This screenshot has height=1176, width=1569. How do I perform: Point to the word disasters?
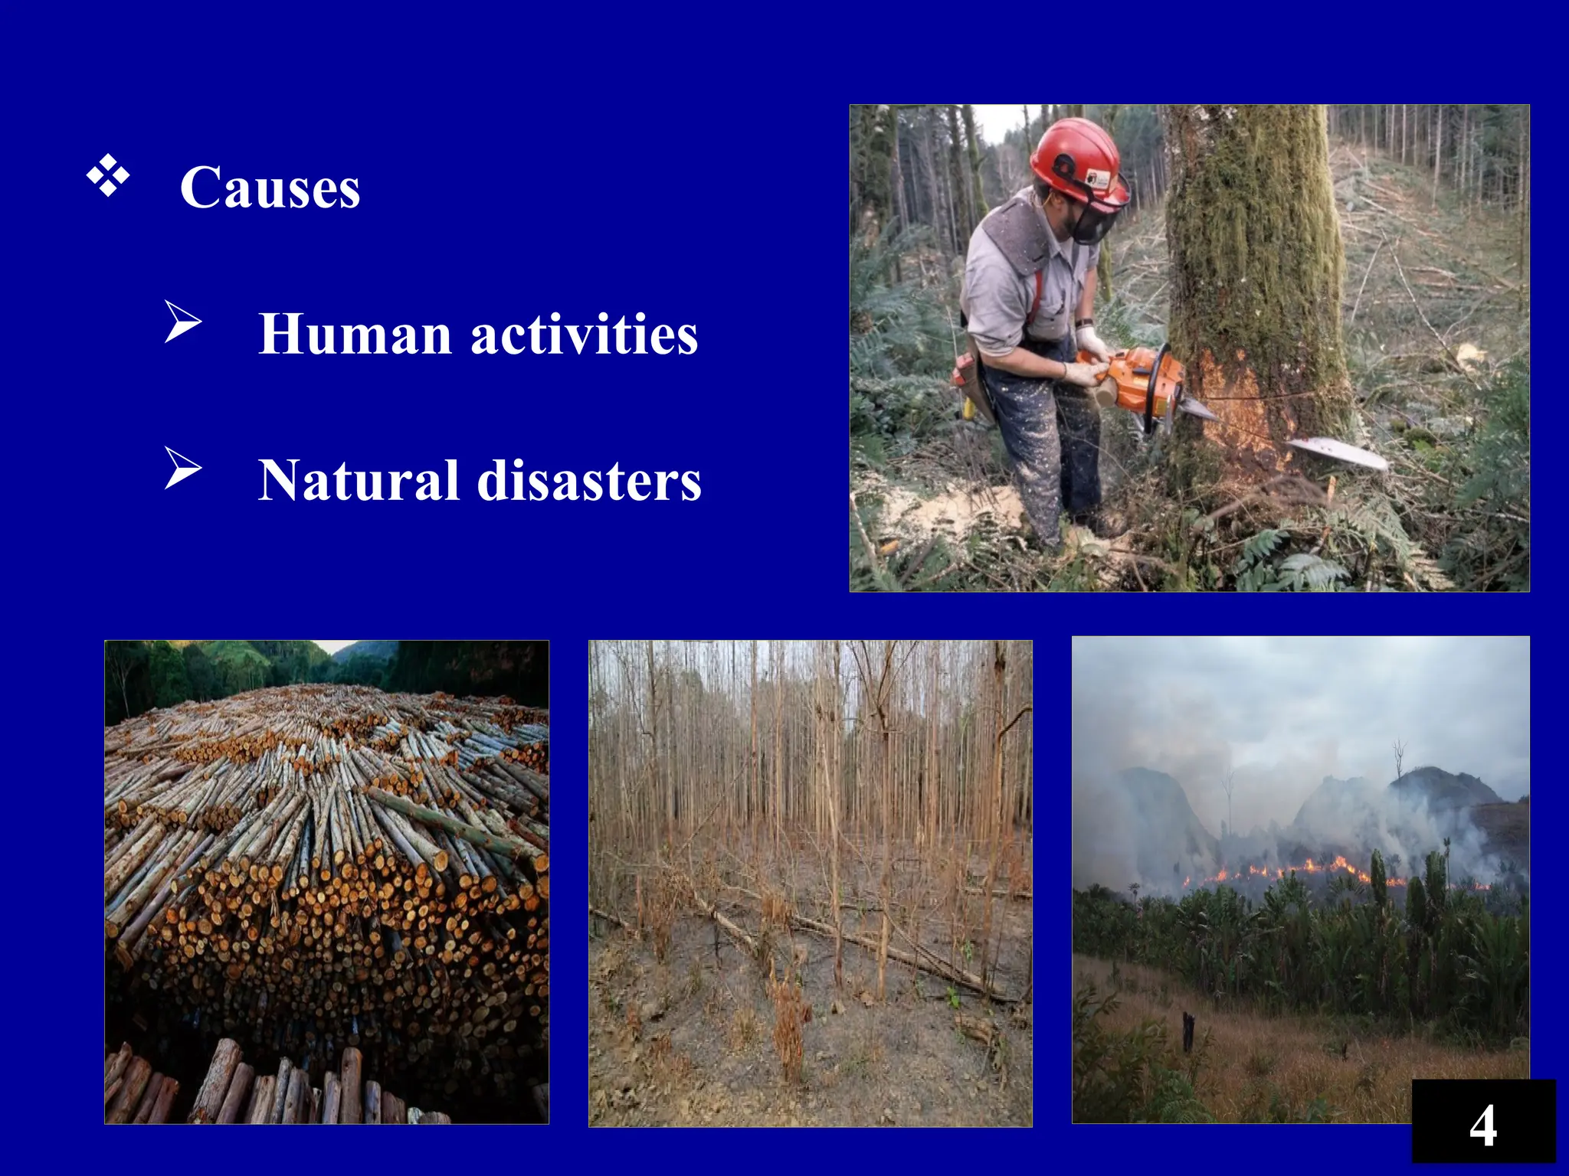coord(589,480)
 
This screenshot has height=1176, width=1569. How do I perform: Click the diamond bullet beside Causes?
coord(107,175)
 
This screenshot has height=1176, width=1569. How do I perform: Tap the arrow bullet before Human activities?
coord(183,322)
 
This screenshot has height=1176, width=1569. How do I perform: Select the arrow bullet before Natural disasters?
coord(183,468)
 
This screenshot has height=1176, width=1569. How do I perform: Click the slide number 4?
coord(1483,1125)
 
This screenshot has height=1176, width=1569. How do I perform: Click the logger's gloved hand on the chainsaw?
coord(1082,373)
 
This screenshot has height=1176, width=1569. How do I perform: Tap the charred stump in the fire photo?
coord(1188,1031)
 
